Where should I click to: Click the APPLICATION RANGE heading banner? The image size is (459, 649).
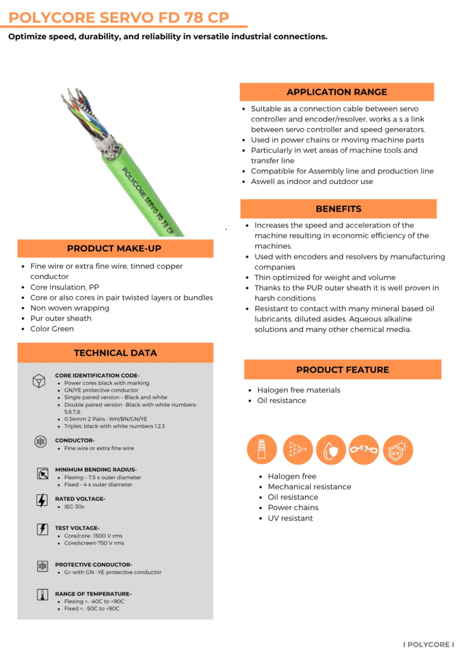[337, 92]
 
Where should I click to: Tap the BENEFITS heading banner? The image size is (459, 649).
[339, 209]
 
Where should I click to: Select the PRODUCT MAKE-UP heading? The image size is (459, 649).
[115, 248]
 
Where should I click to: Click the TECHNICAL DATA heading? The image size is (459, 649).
[115, 352]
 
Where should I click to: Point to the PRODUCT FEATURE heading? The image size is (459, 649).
[342, 369]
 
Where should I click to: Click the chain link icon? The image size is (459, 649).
[364, 450]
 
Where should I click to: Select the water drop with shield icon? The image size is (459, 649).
[330, 450]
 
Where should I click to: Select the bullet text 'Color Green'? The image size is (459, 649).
[52, 329]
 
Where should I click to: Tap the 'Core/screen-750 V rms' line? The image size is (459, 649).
[94, 543]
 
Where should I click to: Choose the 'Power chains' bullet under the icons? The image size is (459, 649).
[293, 508]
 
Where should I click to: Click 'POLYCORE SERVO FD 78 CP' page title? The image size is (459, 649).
[119, 17]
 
